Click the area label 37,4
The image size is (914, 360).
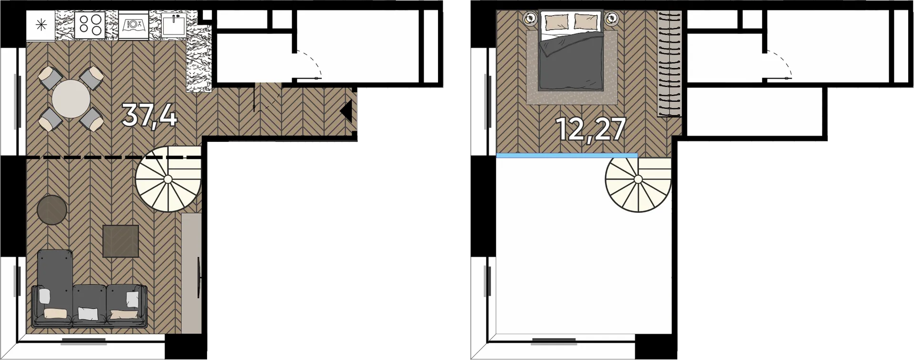pos(149,116)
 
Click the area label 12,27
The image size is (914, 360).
pos(590,130)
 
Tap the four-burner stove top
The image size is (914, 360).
pos(90,25)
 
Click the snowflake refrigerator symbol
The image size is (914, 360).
pos(41,25)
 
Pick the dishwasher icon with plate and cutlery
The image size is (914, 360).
pos(133,25)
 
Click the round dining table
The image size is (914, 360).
pos(71,99)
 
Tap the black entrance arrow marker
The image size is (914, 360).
pos(346,111)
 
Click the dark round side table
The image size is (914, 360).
pos(52,210)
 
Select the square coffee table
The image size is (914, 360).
pos(121,241)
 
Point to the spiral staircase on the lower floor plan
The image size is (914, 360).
pos(168,179)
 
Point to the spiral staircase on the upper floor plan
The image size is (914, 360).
pos(638,179)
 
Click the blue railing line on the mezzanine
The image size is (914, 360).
pos(567,155)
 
